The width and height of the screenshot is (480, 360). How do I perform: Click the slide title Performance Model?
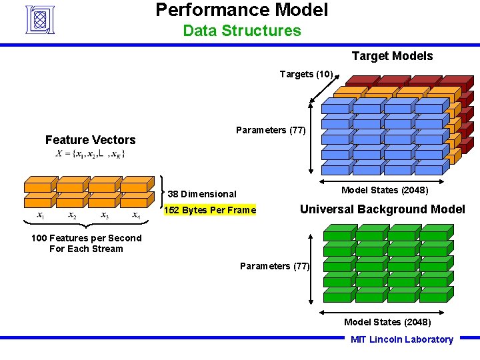pyautogui.click(x=241, y=10)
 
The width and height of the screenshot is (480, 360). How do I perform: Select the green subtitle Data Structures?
pyautogui.click(x=241, y=31)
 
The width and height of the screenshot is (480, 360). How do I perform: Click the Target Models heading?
pyautogui.click(x=392, y=56)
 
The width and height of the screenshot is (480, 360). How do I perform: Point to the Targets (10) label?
pyautogui.click(x=306, y=74)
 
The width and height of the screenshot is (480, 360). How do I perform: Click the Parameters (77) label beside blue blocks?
pyautogui.click(x=271, y=130)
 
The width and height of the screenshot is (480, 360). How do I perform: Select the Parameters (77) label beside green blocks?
pyautogui.click(x=275, y=267)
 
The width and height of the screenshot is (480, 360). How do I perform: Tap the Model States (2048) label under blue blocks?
pyautogui.click(x=385, y=190)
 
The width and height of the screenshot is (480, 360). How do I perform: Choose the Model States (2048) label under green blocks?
pyautogui.click(x=387, y=322)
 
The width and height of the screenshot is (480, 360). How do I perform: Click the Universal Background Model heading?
pyautogui.click(x=382, y=209)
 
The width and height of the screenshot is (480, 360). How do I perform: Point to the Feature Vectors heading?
pyautogui.click(x=90, y=140)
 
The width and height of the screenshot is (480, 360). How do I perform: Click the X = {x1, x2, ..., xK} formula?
pyautogui.click(x=91, y=154)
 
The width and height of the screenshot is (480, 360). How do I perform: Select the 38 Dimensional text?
pyautogui.click(x=202, y=194)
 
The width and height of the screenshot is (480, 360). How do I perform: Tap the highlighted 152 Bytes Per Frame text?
pyautogui.click(x=210, y=211)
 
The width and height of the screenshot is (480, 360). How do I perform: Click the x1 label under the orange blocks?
pyautogui.click(x=41, y=216)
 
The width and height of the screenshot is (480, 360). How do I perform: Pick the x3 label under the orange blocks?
pyautogui.click(x=105, y=216)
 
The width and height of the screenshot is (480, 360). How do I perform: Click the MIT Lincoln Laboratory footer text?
pyautogui.click(x=401, y=339)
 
